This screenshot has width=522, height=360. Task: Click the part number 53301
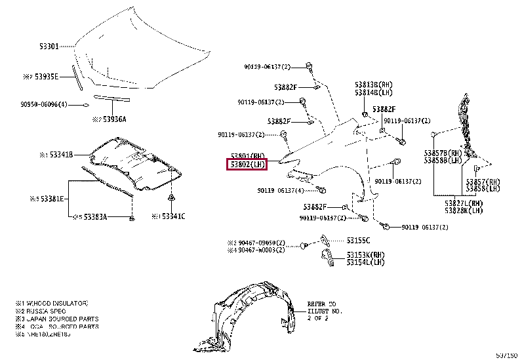click(49, 47)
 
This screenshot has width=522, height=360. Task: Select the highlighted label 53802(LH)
click(247, 165)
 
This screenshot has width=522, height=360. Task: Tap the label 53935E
click(47, 77)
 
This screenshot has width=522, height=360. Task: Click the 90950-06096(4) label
click(43, 105)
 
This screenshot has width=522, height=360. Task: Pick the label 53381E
click(52, 197)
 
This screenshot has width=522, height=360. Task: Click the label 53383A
click(93, 216)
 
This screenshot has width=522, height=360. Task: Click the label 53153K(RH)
click(364, 254)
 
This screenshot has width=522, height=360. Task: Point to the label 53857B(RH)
click(443, 153)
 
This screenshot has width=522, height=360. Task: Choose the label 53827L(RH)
click(463, 203)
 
